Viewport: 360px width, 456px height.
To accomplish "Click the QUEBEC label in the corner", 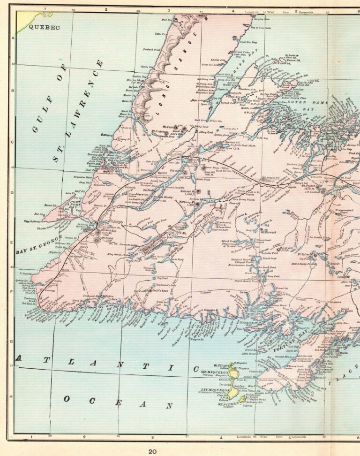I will pyautogui.click(x=45, y=28).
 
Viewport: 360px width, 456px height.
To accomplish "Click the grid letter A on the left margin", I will pyautogui.click(x=13, y=38).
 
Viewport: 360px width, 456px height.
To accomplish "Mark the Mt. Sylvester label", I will pyautogui.click(x=306, y=254).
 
